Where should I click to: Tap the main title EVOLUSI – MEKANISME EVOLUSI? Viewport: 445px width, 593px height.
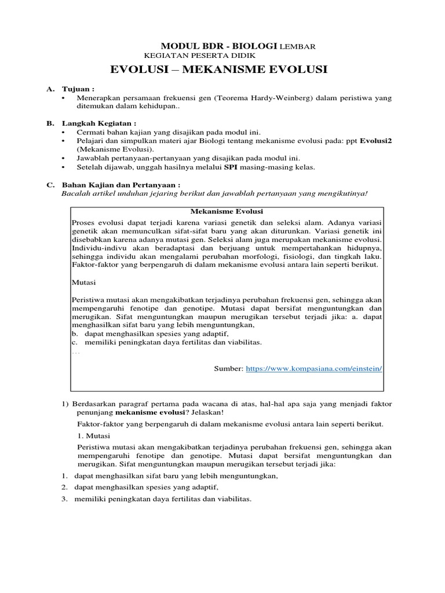[x=218, y=70]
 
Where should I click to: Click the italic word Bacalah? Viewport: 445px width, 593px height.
[x=75, y=193]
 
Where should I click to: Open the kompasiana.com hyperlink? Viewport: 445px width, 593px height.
[x=314, y=368]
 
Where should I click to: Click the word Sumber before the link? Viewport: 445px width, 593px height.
[x=229, y=368]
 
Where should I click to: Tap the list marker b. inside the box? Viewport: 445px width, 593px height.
[x=74, y=334]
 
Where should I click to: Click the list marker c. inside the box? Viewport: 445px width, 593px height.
[x=74, y=342]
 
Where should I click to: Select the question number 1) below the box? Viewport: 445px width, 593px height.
[x=65, y=403]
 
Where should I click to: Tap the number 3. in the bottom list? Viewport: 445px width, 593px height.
[x=65, y=500]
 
